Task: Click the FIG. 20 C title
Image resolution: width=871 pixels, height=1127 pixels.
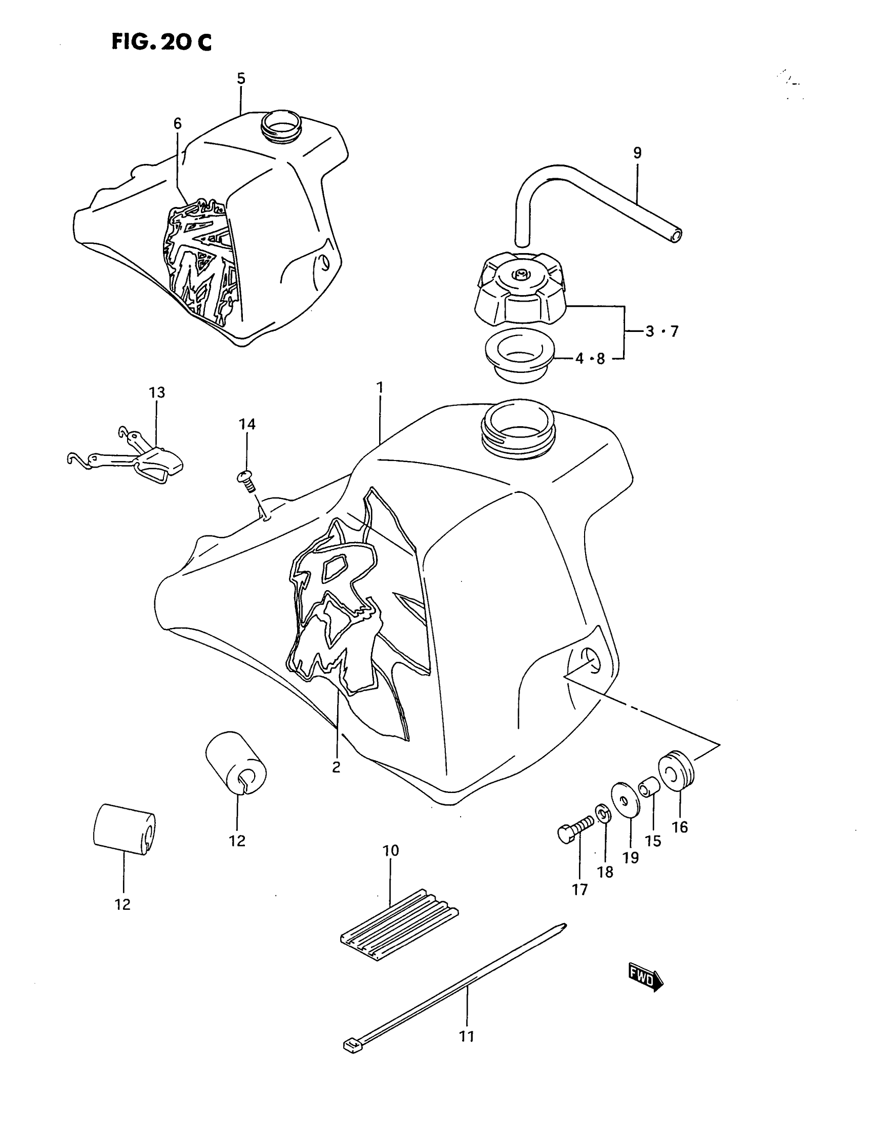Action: [x=161, y=42]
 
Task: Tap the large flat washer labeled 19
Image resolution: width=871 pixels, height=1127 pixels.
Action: [x=625, y=801]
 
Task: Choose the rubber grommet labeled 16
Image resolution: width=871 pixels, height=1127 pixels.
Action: [x=676, y=774]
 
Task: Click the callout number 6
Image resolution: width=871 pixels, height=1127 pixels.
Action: [x=177, y=123]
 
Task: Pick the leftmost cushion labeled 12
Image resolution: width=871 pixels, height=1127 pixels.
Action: [x=124, y=829]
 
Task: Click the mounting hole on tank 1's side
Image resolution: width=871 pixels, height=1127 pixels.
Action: [x=589, y=660]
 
